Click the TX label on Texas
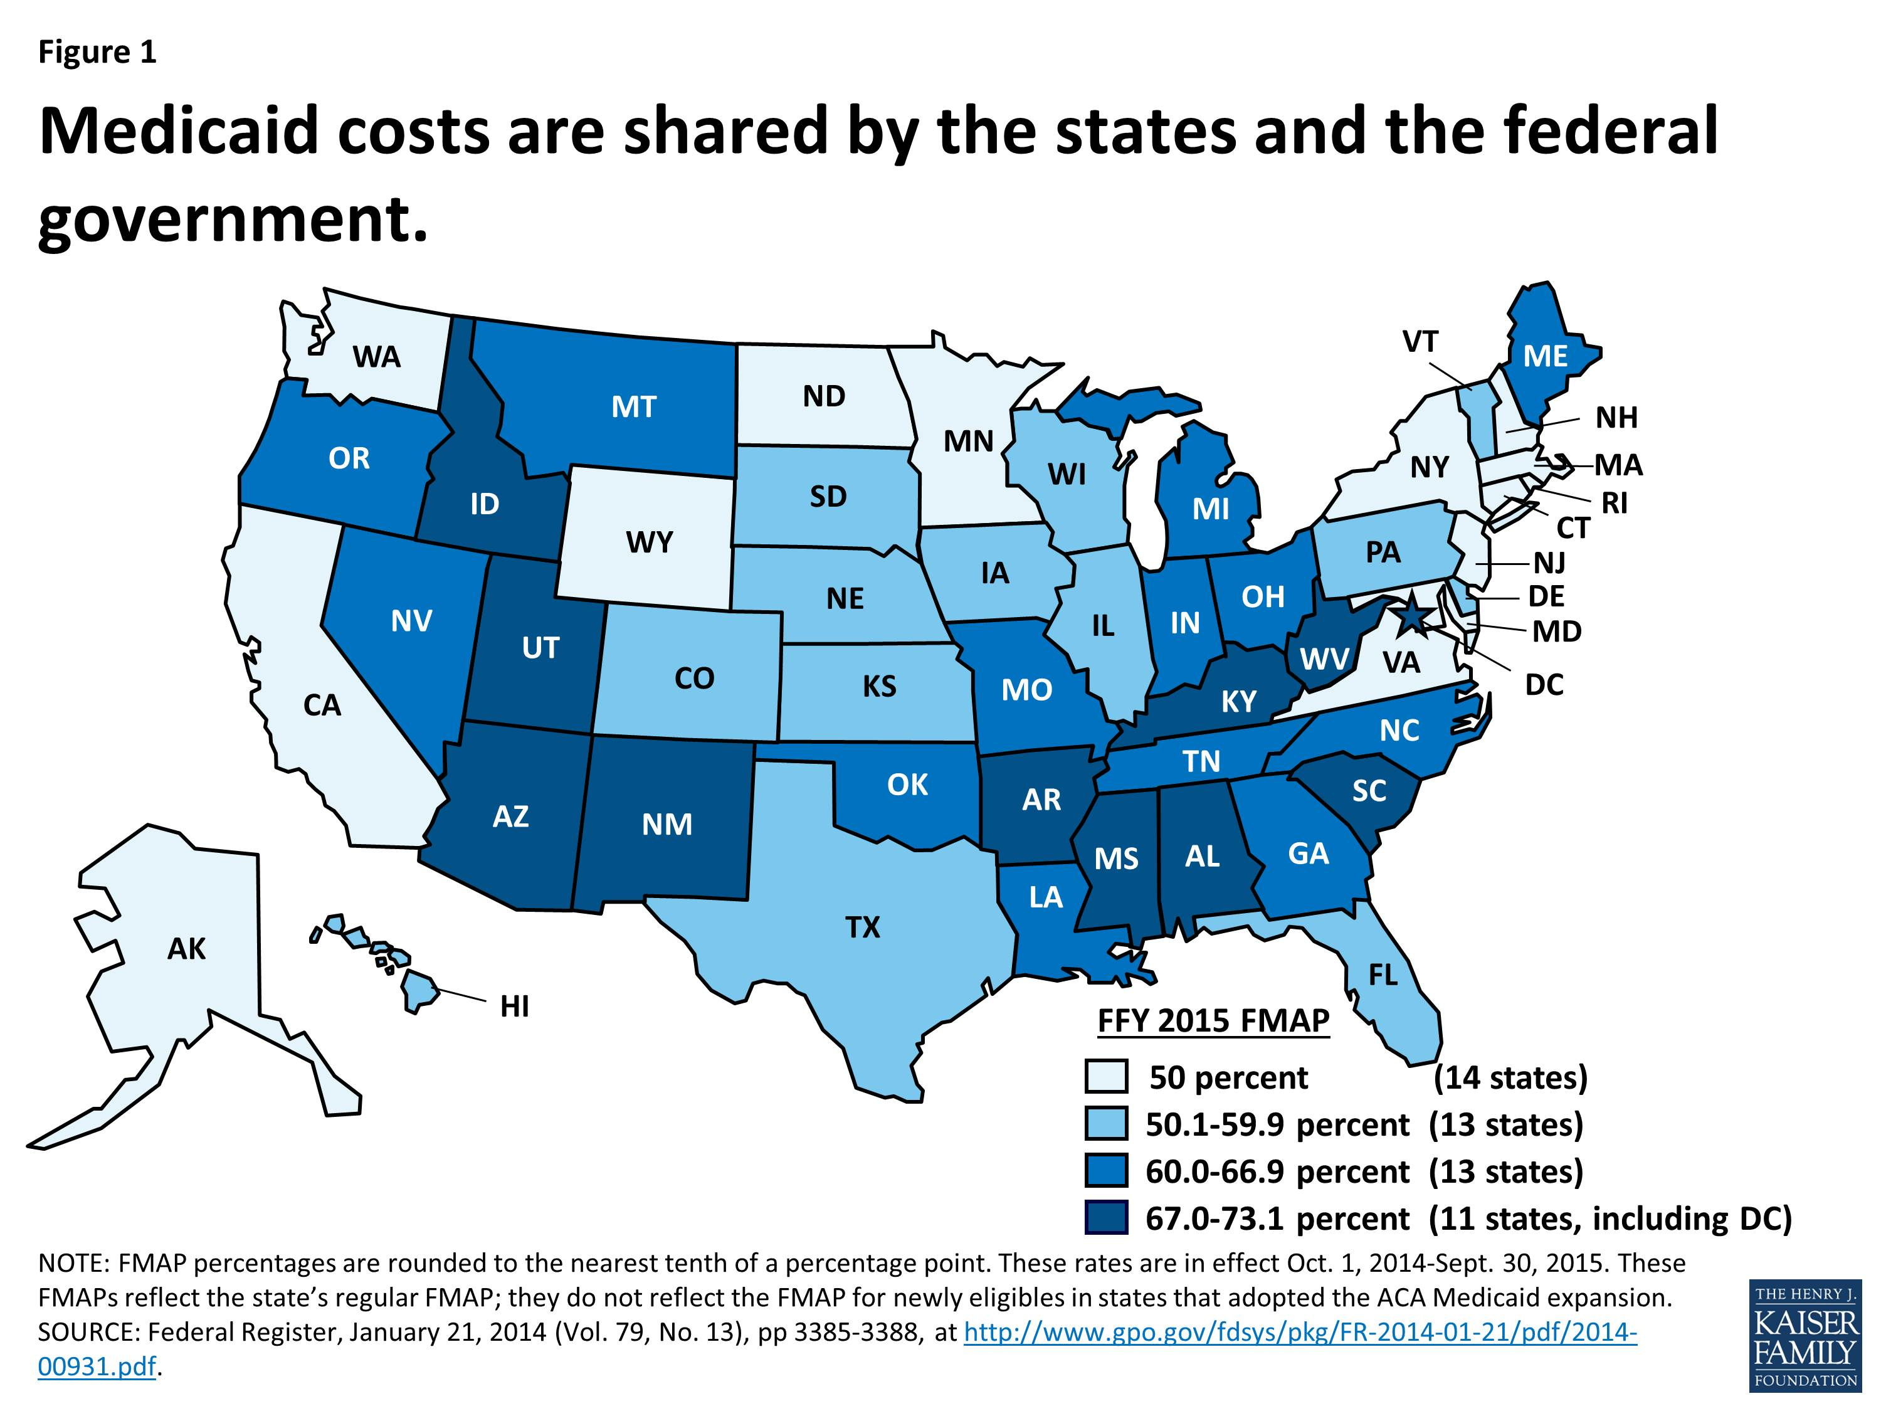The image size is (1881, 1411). [x=862, y=926]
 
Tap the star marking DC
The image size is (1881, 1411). [x=1411, y=615]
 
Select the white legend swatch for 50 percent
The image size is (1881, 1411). [x=1106, y=1077]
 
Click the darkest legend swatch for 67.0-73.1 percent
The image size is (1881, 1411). [x=1106, y=1218]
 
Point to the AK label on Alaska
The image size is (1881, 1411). [x=186, y=948]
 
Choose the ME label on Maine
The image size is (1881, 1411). [x=1545, y=356]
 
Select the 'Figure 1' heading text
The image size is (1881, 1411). [x=98, y=53]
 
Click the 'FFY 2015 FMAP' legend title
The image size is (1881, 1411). [x=1213, y=1020]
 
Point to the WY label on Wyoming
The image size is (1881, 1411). [x=650, y=542]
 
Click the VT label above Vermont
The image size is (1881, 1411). [x=1420, y=342]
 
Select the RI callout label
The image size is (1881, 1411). [x=1614, y=504]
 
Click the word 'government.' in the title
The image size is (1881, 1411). [x=232, y=219]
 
